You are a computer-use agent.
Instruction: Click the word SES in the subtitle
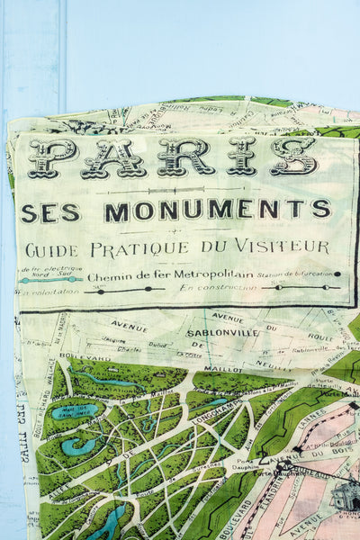tap(50, 212)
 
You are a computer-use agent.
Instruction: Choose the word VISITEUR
tap(283, 247)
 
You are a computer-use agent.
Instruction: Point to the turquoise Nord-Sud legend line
tap(50, 279)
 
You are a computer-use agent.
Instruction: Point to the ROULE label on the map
tap(319, 337)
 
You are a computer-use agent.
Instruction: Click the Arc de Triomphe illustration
tap(344, 496)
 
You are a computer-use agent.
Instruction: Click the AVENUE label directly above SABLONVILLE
tap(227, 318)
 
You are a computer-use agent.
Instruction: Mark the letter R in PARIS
tap(176, 157)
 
